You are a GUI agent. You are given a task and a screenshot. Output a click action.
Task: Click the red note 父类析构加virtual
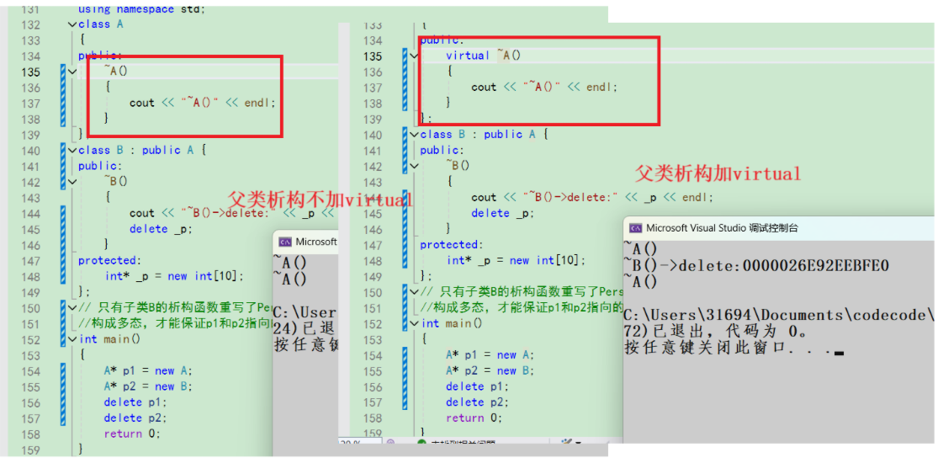point(718,174)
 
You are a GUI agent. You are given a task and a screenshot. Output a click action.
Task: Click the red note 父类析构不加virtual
point(321,200)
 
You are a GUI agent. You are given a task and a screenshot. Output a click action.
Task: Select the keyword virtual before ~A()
point(468,56)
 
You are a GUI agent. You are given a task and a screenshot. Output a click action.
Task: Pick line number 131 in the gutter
point(29,8)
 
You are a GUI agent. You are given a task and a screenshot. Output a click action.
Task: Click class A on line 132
point(100,24)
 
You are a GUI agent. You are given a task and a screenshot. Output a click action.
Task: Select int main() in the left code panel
point(109,339)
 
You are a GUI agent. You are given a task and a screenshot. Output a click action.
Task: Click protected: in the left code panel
point(109,260)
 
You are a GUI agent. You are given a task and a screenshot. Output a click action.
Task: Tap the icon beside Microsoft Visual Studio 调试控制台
point(636,228)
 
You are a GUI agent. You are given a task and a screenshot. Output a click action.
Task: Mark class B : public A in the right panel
point(477,134)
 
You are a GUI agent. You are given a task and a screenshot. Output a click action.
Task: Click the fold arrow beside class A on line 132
point(72,24)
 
